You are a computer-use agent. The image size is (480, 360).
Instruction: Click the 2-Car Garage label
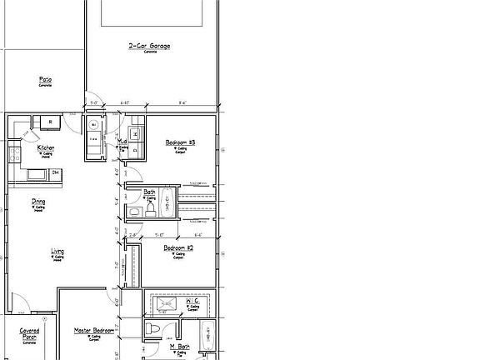click(x=149, y=46)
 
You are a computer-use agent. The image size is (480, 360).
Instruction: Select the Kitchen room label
click(x=47, y=147)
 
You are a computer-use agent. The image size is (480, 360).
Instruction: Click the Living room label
click(x=58, y=251)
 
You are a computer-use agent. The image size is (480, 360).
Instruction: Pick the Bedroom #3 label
click(x=180, y=143)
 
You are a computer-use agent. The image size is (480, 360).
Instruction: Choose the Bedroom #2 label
click(x=178, y=248)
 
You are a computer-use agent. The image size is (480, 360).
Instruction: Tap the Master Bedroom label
click(x=92, y=331)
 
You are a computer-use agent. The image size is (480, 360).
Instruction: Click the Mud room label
click(x=122, y=142)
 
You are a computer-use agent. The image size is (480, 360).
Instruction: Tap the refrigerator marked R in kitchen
click(x=51, y=122)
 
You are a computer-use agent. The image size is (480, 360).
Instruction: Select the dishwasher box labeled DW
click(x=56, y=172)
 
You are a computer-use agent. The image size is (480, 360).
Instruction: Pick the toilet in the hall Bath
click(x=134, y=213)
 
